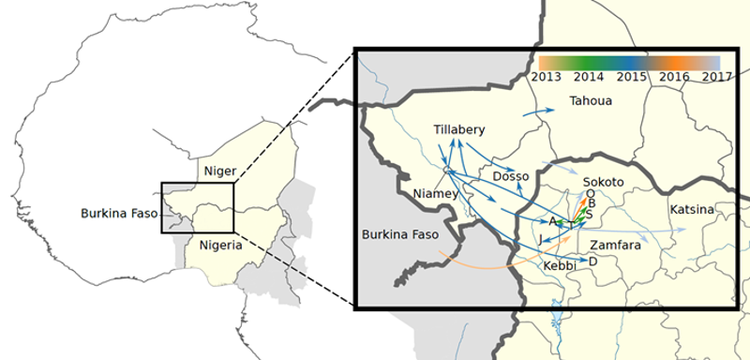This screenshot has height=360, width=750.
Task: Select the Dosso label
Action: pyautogui.click(x=511, y=175)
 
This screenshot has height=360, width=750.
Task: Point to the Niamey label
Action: pyautogui.click(x=435, y=194)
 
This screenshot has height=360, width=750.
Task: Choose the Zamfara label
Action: pyautogui.click(x=615, y=245)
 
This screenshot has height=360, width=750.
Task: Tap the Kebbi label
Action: pyautogui.click(x=560, y=266)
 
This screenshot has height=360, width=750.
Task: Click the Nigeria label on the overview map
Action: pyautogui.click(x=221, y=246)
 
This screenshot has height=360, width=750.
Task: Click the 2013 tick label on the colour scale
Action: pyautogui.click(x=546, y=77)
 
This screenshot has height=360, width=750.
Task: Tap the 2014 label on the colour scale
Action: pyautogui.click(x=589, y=77)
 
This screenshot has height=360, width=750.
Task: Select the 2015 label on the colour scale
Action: pyautogui.click(x=631, y=77)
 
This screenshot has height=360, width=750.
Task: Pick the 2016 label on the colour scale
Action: pyautogui.click(x=674, y=77)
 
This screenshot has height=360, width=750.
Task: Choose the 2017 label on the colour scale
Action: pyautogui.click(x=716, y=77)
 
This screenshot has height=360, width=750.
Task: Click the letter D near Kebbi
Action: pyautogui.click(x=592, y=262)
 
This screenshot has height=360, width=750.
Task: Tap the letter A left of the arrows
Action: pyautogui.click(x=553, y=221)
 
